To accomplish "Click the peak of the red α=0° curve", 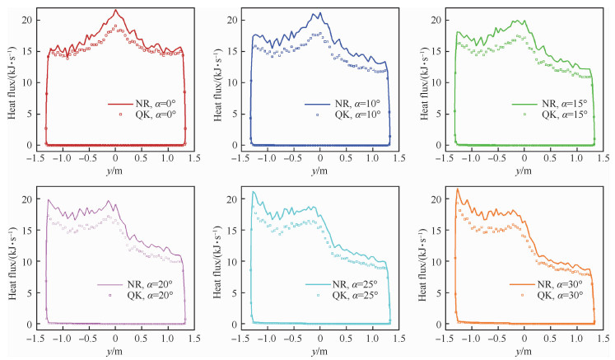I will pos(116,10).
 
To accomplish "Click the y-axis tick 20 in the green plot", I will pos(439,19).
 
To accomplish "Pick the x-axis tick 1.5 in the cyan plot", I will pos(398,338).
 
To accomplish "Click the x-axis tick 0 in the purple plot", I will pos(116,338).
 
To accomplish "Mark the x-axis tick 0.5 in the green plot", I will pos(552,158).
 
